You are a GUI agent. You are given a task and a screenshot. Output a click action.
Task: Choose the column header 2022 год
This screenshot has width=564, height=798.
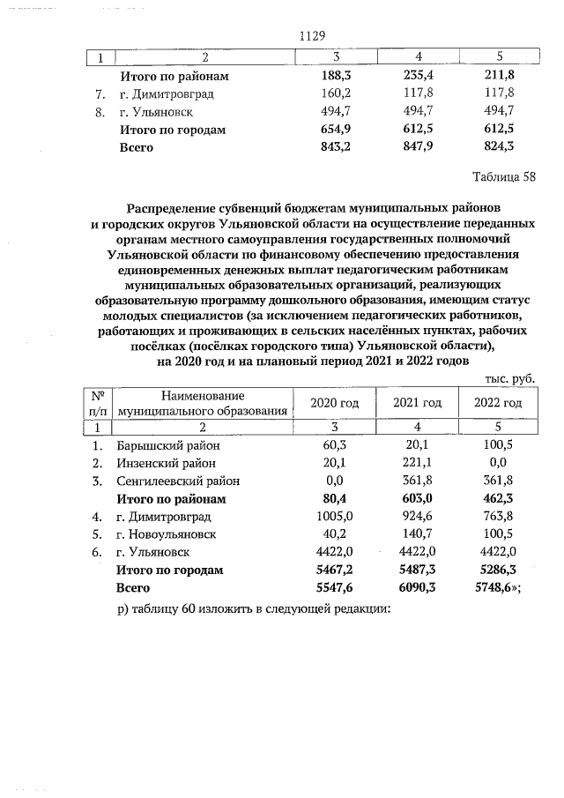(498, 403)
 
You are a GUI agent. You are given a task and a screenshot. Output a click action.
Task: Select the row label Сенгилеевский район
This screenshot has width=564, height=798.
(178, 481)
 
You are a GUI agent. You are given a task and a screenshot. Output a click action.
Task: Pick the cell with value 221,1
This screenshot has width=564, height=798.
(417, 463)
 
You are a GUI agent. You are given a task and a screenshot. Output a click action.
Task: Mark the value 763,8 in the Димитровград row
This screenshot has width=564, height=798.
(499, 516)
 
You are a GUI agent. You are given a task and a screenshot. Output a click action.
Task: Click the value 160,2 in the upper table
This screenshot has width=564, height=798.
(334, 93)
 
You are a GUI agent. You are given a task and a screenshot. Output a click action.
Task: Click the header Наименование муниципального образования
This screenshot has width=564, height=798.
(204, 404)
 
